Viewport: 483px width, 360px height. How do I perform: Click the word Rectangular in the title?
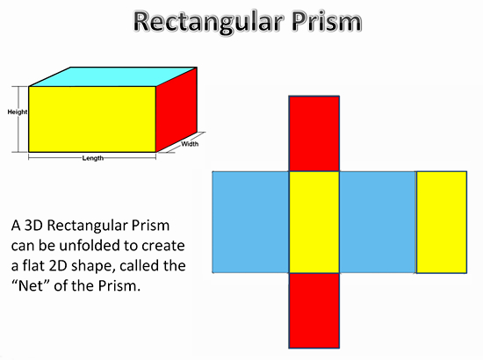pyautogui.click(x=208, y=23)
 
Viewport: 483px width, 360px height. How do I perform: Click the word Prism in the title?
pyautogui.click(x=327, y=21)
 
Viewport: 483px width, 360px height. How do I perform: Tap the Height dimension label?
pyautogui.click(x=18, y=112)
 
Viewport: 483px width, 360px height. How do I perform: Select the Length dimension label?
pyautogui.click(x=93, y=158)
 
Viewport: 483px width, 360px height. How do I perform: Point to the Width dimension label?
pyautogui.click(x=190, y=144)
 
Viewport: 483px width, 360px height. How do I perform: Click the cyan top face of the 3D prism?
pyautogui.click(x=113, y=76)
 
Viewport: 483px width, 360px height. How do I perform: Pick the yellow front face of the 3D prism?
pyautogui.click(x=92, y=119)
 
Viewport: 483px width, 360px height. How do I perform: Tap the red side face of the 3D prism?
pyautogui.click(x=177, y=110)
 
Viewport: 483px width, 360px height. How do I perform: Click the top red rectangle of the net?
pyautogui.click(x=314, y=133)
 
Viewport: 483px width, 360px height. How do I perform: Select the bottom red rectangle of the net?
pyautogui.click(x=314, y=311)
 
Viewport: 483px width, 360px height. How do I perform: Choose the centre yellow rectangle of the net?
pyautogui.click(x=314, y=222)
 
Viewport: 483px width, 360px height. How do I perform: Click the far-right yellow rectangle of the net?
pyautogui.click(x=442, y=222)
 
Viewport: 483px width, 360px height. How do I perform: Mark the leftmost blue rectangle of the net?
pyautogui.click(x=250, y=222)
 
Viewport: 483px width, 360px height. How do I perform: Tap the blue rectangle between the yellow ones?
pyautogui.click(x=378, y=222)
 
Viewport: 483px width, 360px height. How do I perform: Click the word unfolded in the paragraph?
pyautogui.click(x=91, y=246)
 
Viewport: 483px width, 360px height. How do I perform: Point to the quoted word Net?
pyautogui.click(x=31, y=285)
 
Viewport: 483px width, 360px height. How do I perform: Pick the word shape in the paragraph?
pyautogui.click(x=93, y=267)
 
